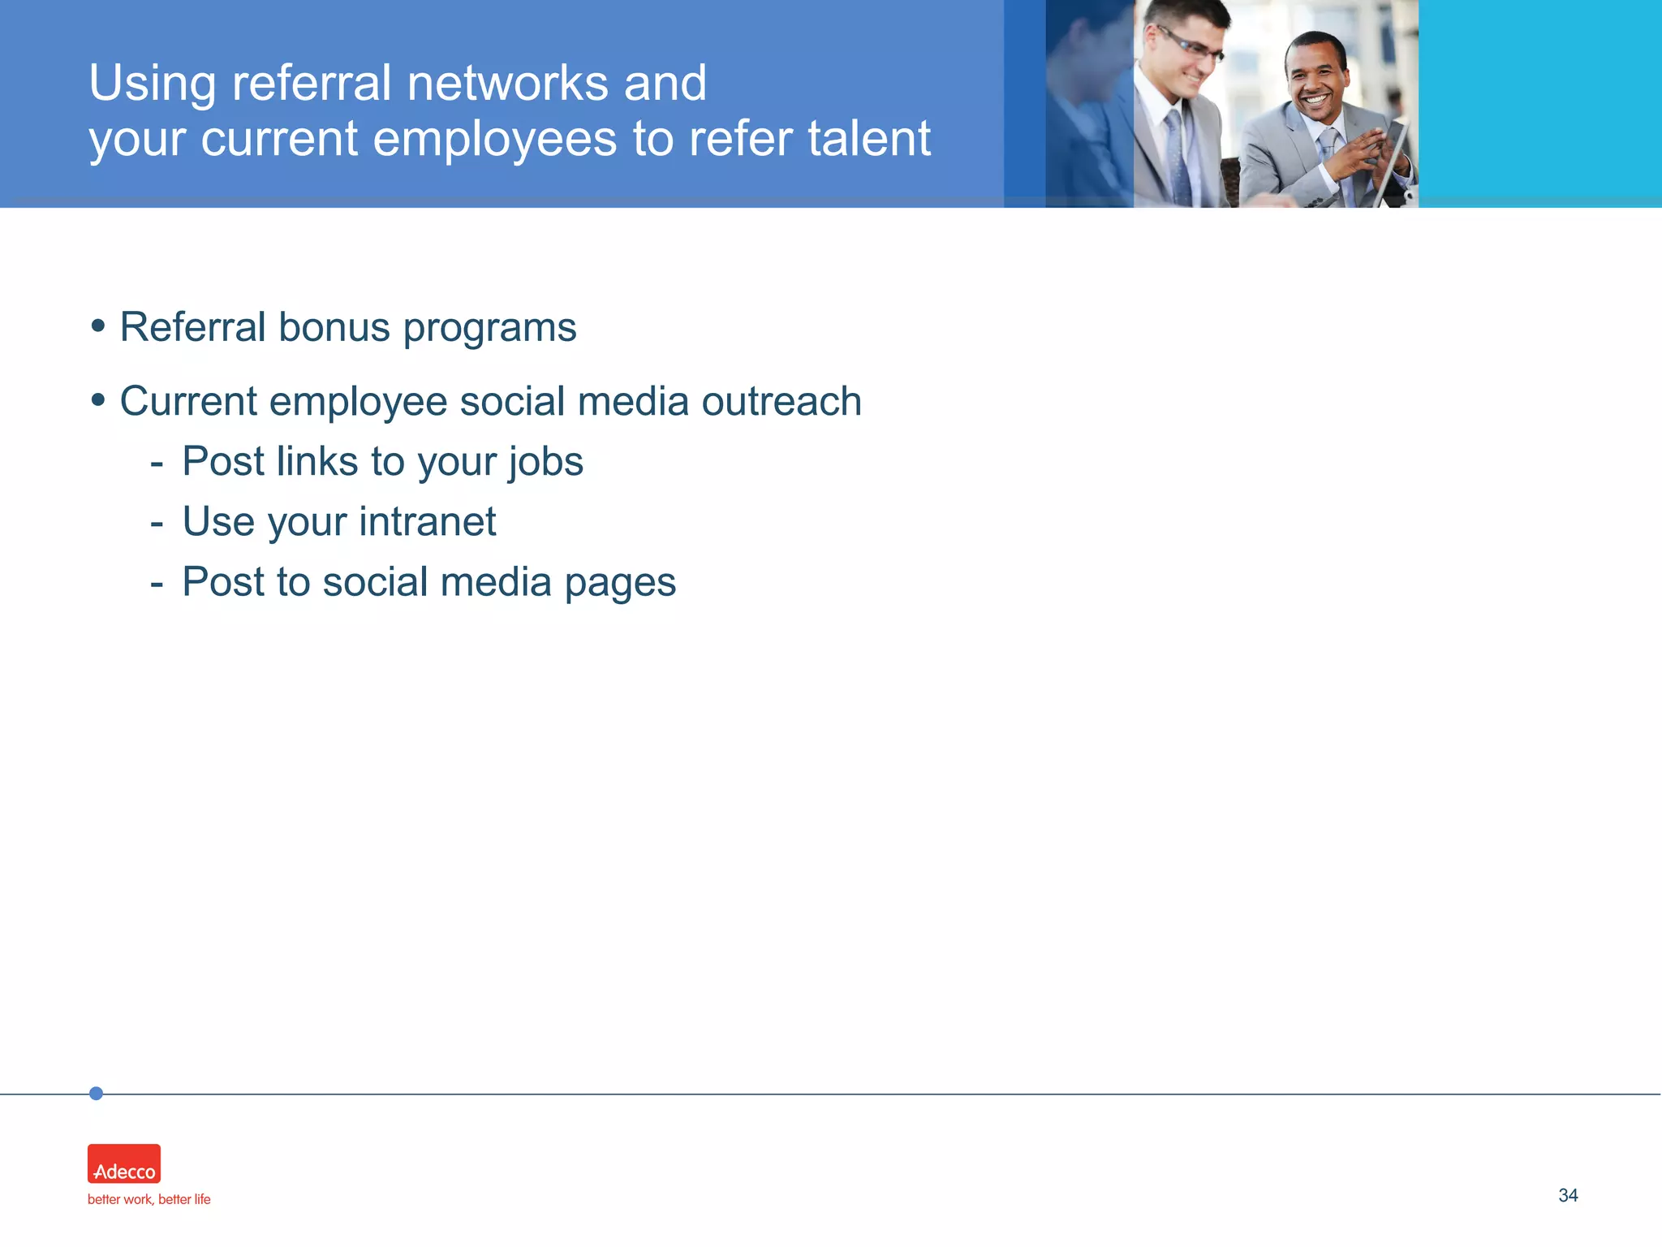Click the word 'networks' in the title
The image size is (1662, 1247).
[x=507, y=83]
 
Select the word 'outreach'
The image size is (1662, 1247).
[x=781, y=401]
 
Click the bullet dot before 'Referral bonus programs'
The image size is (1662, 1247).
[x=98, y=326]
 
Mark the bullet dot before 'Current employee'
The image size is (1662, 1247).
[x=98, y=399]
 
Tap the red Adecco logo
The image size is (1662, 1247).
[x=124, y=1163]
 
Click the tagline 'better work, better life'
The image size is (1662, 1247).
[x=149, y=1199]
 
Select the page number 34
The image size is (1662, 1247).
[x=1568, y=1195]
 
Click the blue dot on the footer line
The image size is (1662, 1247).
[x=96, y=1094]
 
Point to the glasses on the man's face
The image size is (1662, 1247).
[x=1191, y=45]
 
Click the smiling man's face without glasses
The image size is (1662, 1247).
[x=1315, y=81]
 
